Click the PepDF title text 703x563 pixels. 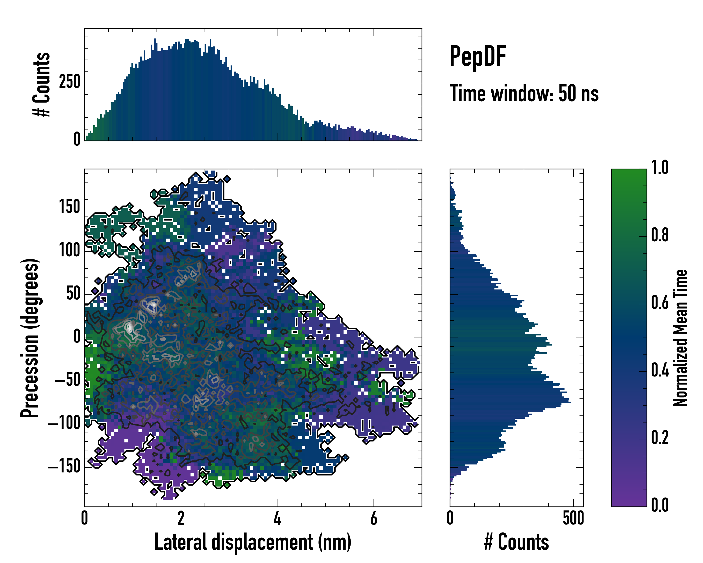[x=478, y=56]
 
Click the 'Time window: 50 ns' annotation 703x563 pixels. [x=524, y=94]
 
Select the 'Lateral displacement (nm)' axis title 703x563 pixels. [x=253, y=542]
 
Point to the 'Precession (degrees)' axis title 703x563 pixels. [x=30, y=338]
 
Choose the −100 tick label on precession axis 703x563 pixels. [x=64, y=424]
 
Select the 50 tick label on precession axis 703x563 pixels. [x=73, y=294]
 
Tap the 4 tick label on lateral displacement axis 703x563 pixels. [x=277, y=518]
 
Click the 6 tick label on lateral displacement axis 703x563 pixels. [x=374, y=518]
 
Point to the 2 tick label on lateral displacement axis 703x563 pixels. [x=181, y=518]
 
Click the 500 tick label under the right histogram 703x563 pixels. [x=573, y=518]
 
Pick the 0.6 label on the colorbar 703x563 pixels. [x=660, y=303]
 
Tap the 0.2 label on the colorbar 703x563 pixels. [x=660, y=438]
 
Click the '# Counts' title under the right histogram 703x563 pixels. [x=516, y=542]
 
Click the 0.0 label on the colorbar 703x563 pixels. [x=660, y=505]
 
